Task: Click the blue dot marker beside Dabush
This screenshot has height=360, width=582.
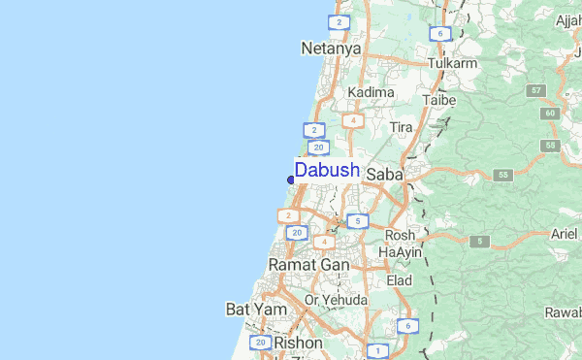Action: pyautogui.click(x=291, y=180)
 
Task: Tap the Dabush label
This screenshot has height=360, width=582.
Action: pyautogui.click(x=328, y=171)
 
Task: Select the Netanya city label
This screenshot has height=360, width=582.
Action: pyautogui.click(x=331, y=48)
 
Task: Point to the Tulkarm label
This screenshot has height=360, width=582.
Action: pyautogui.click(x=453, y=64)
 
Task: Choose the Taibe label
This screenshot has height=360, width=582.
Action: pyautogui.click(x=438, y=100)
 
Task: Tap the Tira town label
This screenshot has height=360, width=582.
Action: pyautogui.click(x=401, y=127)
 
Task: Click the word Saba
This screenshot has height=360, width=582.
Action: pyautogui.click(x=386, y=174)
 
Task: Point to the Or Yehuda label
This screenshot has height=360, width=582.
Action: pyautogui.click(x=336, y=301)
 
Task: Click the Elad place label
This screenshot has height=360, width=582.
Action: pyautogui.click(x=400, y=280)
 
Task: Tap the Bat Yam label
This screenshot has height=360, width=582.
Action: pyautogui.click(x=252, y=310)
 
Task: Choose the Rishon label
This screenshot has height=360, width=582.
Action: pyautogui.click(x=299, y=343)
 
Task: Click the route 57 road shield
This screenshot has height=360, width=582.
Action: pyautogui.click(x=535, y=90)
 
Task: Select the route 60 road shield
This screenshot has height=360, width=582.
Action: pyautogui.click(x=551, y=114)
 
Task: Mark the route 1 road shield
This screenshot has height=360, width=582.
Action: pyautogui.click(x=376, y=349)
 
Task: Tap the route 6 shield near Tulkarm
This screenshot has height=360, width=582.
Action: pyautogui.click(x=440, y=34)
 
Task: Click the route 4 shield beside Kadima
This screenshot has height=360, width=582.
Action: pyautogui.click(x=353, y=120)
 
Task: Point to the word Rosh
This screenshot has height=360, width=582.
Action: pyautogui.click(x=400, y=235)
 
